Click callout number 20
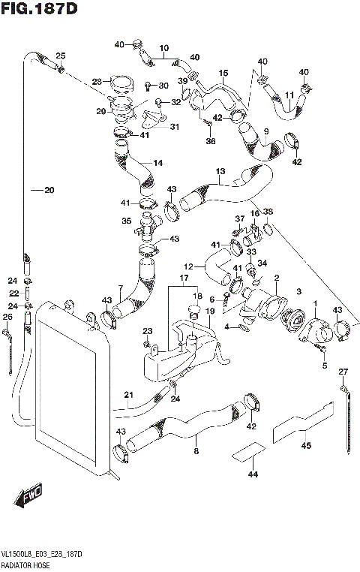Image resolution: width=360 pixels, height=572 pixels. (49, 191)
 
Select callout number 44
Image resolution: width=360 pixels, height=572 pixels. (251, 474)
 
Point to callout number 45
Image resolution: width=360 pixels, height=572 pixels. (305, 445)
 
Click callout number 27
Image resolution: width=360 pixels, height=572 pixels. (343, 372)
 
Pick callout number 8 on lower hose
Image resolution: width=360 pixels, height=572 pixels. (196, 451)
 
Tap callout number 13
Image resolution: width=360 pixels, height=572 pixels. (220, 171)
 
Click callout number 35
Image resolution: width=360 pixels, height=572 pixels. (127, 221)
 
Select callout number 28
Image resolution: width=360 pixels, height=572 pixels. (97, 82)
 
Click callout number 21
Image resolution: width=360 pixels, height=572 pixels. (128, 396)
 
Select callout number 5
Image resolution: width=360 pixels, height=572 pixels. (325, 366)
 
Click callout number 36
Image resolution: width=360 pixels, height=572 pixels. (211, 141)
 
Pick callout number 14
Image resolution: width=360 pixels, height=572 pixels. (157, 163)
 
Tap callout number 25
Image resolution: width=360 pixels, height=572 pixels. (61, 56)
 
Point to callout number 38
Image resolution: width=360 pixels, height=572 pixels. (268, 212)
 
